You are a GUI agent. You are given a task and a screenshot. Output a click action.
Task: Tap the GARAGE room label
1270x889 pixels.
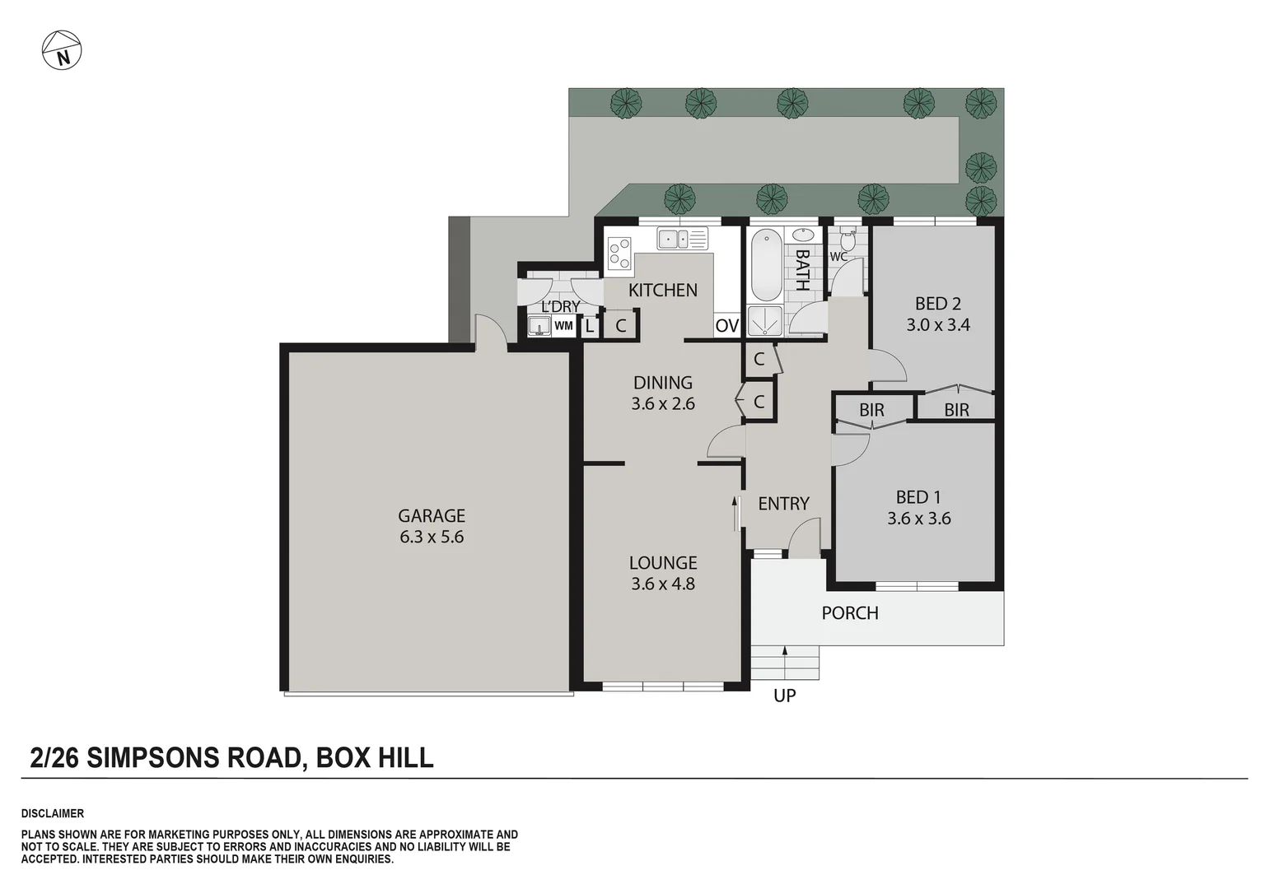[x=432, y=516]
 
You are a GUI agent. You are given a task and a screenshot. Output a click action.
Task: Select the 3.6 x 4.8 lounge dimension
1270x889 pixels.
[x=663, y=584]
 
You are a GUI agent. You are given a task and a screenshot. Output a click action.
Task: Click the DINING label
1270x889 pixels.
[x=663, y=383]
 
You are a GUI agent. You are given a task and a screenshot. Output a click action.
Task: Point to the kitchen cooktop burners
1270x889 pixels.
[x=619, y=253]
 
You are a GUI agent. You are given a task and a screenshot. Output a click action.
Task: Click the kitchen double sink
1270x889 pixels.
[x=681, y=240]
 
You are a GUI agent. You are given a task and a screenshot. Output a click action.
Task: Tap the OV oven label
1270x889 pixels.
[x=726, y=326]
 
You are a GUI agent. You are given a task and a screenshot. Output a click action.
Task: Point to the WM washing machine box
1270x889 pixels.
[x=563, y=326]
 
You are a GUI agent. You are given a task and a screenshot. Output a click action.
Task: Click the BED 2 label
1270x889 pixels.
[x=938, y=304]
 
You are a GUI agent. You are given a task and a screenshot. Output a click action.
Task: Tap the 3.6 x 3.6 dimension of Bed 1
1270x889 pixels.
[x=918, y=519]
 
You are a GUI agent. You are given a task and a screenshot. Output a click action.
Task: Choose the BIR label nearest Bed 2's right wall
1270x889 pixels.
[x=956, y=410]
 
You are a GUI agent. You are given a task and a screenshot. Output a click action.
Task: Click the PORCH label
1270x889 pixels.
[x=850, y=613]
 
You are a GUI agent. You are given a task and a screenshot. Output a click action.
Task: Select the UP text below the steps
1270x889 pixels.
[x=784, y=696]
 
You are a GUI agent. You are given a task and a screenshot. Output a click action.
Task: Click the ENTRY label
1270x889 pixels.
[x=783, y=504]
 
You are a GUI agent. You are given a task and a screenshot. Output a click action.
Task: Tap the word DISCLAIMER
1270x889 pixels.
[x=53, y=813]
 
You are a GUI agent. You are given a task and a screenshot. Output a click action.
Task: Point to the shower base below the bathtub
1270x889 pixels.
[x=764, y=321]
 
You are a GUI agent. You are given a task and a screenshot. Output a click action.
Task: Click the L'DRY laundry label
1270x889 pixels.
[x=560, y=307]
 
